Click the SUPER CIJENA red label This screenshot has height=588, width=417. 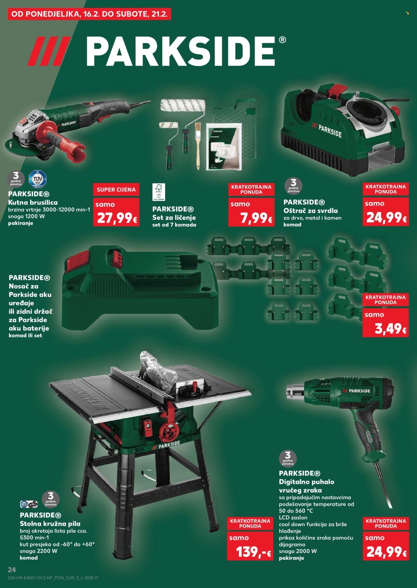116,190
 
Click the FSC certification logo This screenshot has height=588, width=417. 159,192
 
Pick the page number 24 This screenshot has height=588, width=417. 12,569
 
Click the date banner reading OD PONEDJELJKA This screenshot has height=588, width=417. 89,14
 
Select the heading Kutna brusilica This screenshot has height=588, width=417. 33,202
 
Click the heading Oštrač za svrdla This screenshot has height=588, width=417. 310,211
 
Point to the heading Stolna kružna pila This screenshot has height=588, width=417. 50,524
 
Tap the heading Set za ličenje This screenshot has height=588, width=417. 174,217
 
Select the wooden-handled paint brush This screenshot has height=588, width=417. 198,147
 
